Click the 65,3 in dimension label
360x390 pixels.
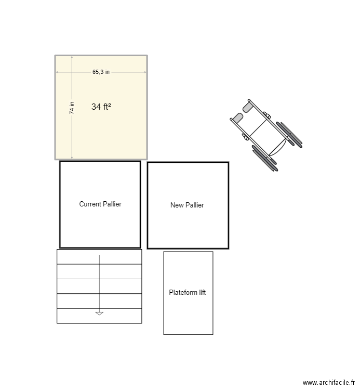(101, 72)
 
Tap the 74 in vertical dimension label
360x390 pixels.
(72, 108)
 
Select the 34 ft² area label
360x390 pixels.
(101, 107)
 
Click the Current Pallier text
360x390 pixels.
(100, 204)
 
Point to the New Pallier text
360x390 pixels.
(187, 205)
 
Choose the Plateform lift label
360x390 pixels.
(188, 292)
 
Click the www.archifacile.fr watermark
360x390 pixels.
(329, 382)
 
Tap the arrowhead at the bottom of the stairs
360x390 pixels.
(99, 314)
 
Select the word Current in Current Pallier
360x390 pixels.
(90, 204)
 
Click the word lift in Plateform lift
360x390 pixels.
(202, 292)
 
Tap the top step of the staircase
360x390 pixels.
(99, 257)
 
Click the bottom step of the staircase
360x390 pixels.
(99, 316)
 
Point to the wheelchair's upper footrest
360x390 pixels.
(248, 108)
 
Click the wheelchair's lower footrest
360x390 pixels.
(238, 118)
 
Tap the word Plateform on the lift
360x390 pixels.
(183, 292)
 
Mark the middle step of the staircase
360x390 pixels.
(99, 287)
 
